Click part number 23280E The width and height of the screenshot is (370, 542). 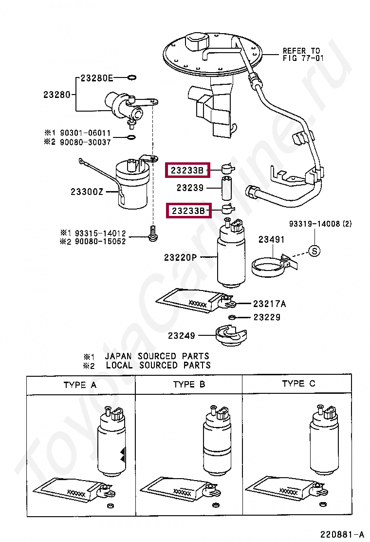96,77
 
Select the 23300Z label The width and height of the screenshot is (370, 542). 87,192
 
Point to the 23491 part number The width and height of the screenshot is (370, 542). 271,239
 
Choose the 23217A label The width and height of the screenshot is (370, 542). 269,304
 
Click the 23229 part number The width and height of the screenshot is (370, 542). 267,317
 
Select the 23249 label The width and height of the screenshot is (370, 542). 182,335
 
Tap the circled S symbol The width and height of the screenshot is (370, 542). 315,251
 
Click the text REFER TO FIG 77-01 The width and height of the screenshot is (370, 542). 301,54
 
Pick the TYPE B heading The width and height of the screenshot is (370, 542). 189,385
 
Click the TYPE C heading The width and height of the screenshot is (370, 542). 298,384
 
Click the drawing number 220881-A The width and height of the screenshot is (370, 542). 342,534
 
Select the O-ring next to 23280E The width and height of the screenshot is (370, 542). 131,77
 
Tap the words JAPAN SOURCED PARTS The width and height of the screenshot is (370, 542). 157,356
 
